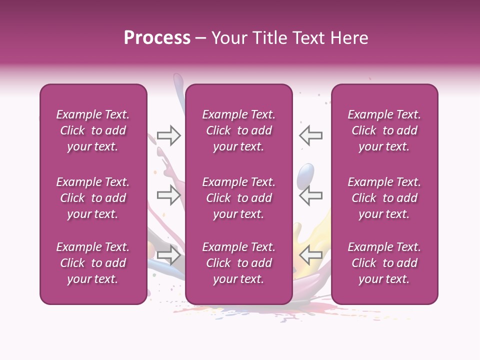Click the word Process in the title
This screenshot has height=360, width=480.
tap(157, 38)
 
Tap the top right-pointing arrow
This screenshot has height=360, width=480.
tap(168, 135)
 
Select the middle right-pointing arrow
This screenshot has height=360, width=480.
tap(168, 195)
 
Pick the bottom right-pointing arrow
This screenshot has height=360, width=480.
tap(168, 255)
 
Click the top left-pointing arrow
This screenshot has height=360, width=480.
tap(310, 135)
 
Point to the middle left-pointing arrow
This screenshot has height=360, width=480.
tap(310, 195)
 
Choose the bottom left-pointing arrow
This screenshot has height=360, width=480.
tap(310, 255)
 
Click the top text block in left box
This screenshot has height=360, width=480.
tap(93, 130)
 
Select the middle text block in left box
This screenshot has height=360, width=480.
tap(93, 198)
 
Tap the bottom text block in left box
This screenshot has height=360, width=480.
tap(93, 263)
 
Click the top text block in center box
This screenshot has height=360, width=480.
tap(238, 130)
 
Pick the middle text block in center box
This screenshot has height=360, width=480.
tap(238, 198)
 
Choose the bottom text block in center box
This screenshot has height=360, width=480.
tap(238, 263)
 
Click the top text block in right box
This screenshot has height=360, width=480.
tap(384, 130)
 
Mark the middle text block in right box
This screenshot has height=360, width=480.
tap(384, 198)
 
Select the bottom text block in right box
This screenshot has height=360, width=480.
tap(384, 263)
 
